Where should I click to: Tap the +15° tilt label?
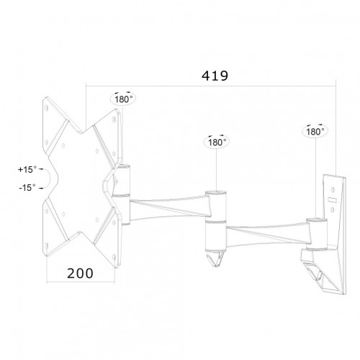(27, 171)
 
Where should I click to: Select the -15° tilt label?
(27, 186)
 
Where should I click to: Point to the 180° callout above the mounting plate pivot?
(122, 99)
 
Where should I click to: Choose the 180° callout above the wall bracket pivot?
(312, 132)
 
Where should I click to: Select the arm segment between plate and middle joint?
(169, 205)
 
